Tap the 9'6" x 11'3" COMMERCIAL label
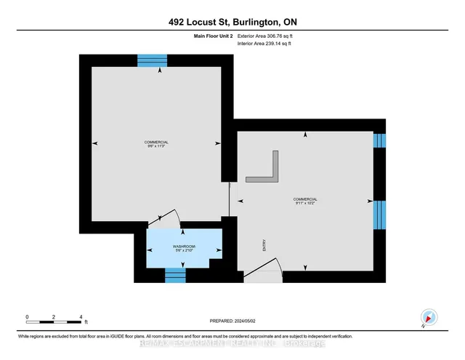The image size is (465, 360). [157, 144]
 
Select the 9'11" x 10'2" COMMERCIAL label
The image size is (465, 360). [305, 201]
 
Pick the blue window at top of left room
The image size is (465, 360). [153, 60]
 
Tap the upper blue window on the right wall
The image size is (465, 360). [379, 141]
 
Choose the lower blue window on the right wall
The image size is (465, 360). [379, 215]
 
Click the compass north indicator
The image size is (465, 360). [428, 316]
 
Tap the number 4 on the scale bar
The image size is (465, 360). [81, 317]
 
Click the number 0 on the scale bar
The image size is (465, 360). [27, 317]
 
